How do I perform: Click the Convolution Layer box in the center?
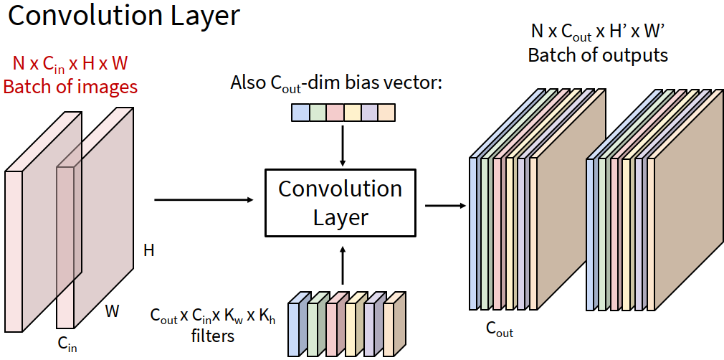(340, 203)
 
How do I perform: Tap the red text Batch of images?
(70, 87)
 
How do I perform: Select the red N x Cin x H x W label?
(70, 64)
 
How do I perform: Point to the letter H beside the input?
(149, 250)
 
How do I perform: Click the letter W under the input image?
(112, 311)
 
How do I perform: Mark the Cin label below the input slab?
(67, 344)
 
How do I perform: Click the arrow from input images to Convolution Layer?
(204, 199)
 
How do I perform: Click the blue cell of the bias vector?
(300, 113)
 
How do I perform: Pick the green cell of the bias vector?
(318, 113)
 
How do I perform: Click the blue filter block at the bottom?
(297, 326)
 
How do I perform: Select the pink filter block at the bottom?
(335, 326)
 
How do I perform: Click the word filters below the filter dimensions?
(214, 334)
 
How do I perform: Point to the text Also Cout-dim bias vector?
(337, 83)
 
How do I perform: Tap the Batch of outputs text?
(598, 55)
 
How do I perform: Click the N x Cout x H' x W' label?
(598, 32)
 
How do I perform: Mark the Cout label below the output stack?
(500, 331)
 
